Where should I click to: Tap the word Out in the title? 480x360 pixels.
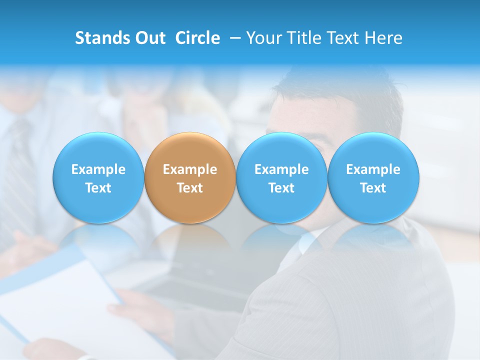149,38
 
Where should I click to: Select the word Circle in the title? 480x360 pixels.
197,38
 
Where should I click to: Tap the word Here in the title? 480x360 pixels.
383,38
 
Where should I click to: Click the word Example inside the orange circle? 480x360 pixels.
190,169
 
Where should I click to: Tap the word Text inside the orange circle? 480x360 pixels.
190,188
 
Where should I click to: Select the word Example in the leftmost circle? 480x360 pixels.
98,169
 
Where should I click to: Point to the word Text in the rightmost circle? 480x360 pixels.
373,188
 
